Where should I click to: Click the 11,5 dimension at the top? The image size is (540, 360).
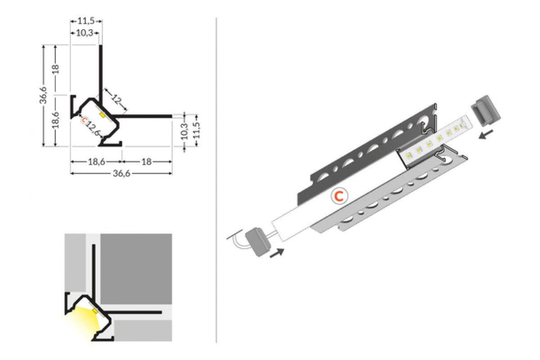(86, 21)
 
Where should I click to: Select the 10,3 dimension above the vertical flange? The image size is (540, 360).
(85, 33)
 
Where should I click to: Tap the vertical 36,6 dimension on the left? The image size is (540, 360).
(43, 95)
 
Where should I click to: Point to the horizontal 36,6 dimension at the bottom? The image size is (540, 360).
(121, 173)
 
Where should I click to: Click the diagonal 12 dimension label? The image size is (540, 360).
(117, 99)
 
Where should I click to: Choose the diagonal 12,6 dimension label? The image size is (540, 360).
(93, 129)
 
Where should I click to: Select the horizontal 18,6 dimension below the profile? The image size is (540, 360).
(96, 162)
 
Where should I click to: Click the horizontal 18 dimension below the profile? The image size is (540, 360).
(147, 162)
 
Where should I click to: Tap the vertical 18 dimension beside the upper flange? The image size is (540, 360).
(55, 69)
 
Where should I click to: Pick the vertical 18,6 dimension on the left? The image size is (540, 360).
(55, 120)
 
